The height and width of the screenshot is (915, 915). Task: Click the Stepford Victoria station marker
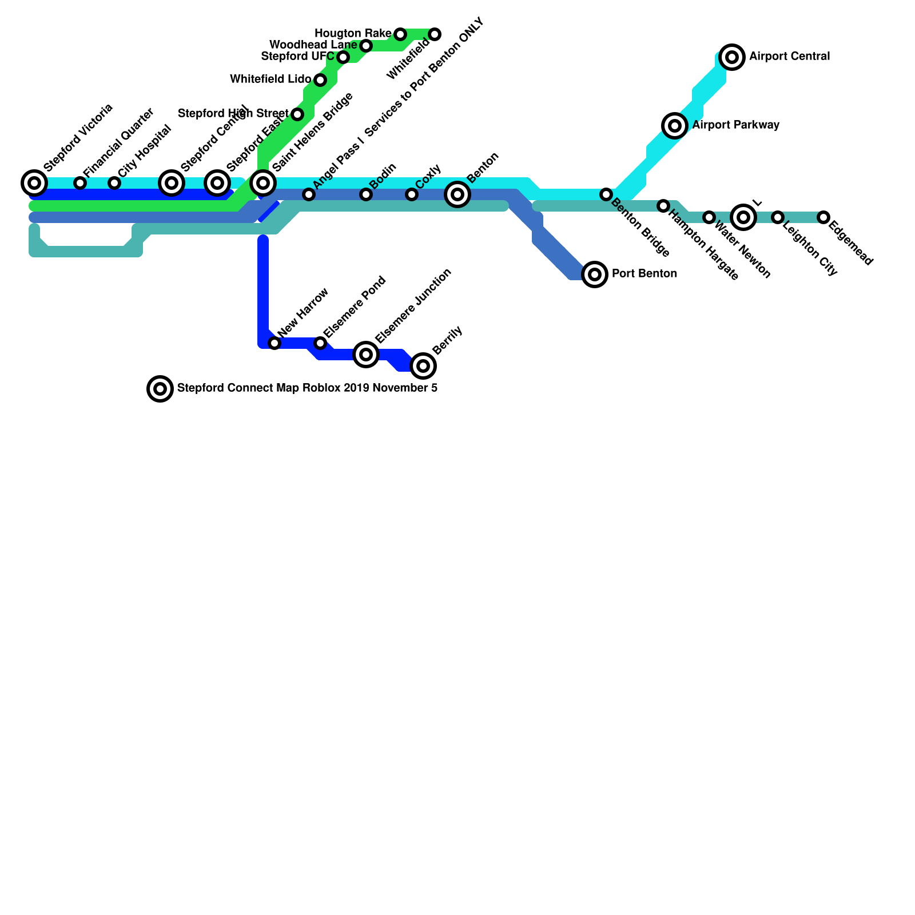tap(34, 183)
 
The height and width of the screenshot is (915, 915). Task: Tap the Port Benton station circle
tap(595, 274)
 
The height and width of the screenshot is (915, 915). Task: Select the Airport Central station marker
tap(732, 57)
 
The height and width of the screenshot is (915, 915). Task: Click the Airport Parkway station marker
tap(675, 126)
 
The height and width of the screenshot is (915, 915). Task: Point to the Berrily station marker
tap(423, 366)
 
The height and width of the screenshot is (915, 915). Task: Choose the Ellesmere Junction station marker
tap(366, 355)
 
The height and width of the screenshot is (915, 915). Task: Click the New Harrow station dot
tap(274, 343)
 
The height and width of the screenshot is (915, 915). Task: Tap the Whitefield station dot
tap(435, 34)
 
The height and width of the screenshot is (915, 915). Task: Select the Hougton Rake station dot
tap(400, 34)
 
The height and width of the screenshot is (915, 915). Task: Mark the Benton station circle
tap(457, 194)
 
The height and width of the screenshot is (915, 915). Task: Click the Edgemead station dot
tap(823, 217)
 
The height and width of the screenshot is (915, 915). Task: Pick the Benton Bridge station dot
tap(606, 194)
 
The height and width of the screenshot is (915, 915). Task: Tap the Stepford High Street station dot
tap(297, 114)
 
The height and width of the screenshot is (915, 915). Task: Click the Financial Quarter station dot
tap(80, 183)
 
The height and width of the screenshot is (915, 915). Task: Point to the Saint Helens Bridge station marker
tap(263, 183)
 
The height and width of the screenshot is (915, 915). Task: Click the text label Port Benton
tap(645, 274)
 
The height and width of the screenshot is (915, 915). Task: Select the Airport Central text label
tap(789, 57)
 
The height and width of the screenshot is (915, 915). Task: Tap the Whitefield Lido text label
tap(270, 79)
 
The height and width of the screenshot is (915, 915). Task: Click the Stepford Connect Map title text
tap(307, 388)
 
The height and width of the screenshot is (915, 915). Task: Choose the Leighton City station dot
tap(778, 217)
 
